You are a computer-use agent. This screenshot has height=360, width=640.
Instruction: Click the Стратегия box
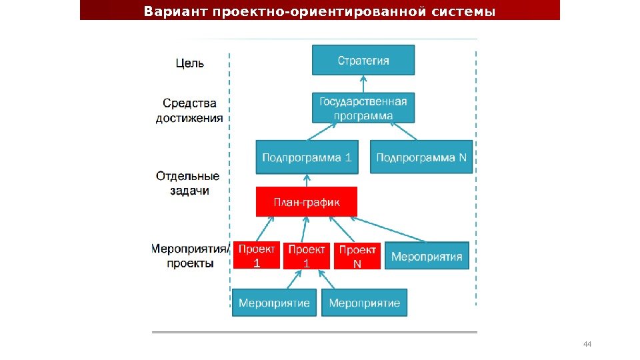pos(363,60)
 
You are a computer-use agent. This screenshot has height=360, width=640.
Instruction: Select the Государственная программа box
pos(363,108)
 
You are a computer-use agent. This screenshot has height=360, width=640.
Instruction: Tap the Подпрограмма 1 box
pos(307,157)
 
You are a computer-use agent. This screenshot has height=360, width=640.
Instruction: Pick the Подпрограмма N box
pos(421,157)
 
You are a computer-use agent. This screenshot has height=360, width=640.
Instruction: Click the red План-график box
pos(307,202)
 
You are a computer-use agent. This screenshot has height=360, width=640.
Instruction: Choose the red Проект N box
pos(357,256)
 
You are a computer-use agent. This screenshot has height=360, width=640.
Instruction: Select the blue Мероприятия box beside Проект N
pos(427,256)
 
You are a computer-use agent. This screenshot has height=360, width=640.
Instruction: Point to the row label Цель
pos(190,64)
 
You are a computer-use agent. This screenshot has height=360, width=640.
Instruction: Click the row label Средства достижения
pos(190,111)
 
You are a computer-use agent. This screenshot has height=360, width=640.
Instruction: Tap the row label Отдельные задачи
pos(188,183)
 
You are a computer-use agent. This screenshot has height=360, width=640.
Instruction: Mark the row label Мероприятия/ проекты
pos(191,256)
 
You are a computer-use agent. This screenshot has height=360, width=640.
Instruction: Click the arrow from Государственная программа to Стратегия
pos(363,84)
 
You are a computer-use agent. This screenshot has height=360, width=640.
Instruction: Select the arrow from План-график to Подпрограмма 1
pos(307,181)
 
